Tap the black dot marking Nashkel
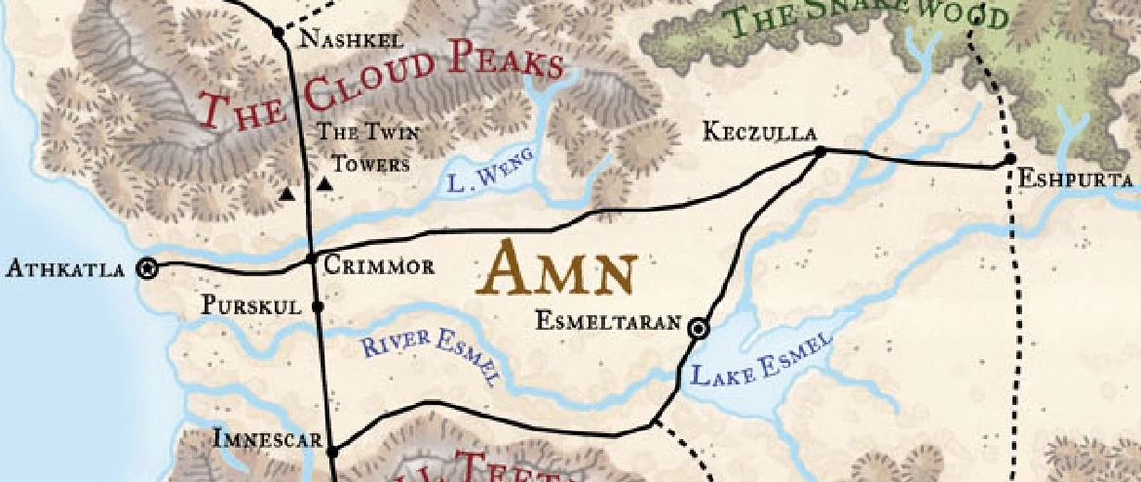click(x=279, y=32)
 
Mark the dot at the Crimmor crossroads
click(x=312, y=259)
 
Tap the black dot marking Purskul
click(x=317, y=306)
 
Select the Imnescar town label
click(x=267, y=441)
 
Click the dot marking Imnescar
click(x=331, y=452)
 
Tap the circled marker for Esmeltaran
click(x=698, y=329)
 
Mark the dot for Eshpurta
click(x=1010, y=159)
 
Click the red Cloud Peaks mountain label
click(x=380, y=85)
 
